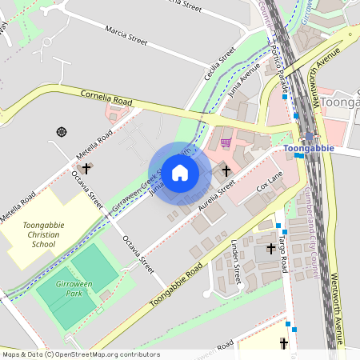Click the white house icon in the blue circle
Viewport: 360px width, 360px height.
tap(180, 173)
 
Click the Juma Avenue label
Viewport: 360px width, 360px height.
tap(246, 82)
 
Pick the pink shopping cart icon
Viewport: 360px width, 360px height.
tap(226, 142)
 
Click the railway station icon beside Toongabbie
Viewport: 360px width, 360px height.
tap(309, 137)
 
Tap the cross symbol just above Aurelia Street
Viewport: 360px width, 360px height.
tap(226, 170)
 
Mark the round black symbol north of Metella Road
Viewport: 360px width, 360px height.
tap(61, 131)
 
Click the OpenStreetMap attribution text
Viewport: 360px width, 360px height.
tap(81, 354)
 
